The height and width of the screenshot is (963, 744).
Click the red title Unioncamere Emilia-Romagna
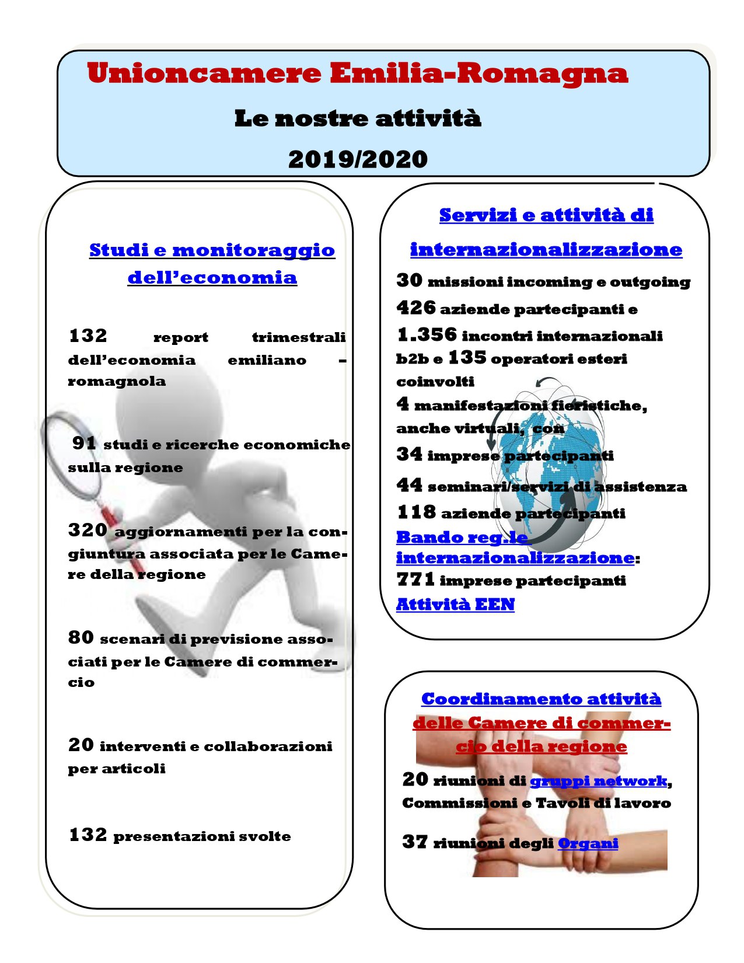click(357, 74)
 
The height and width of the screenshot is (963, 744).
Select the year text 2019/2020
click(358, 159)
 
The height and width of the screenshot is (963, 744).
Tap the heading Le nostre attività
click(358, 118)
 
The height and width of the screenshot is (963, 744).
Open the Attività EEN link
click(455, 604)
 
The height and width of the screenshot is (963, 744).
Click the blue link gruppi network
click(598, 781)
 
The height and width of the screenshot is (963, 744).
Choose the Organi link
click(588, 843)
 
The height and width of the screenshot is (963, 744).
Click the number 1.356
click(427, 334)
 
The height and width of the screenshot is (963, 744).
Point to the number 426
click(416, 308)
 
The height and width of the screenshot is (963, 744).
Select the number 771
click(415, 580)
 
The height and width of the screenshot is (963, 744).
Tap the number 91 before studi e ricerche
click(84, 443)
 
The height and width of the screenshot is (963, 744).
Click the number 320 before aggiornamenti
click(88, 530)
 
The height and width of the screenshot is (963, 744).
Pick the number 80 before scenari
click(81, 637)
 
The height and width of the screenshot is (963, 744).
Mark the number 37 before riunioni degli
click(415, 842)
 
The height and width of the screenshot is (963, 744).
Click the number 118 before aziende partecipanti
click(416, 512)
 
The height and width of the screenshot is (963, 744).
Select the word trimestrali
click(299, 337)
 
